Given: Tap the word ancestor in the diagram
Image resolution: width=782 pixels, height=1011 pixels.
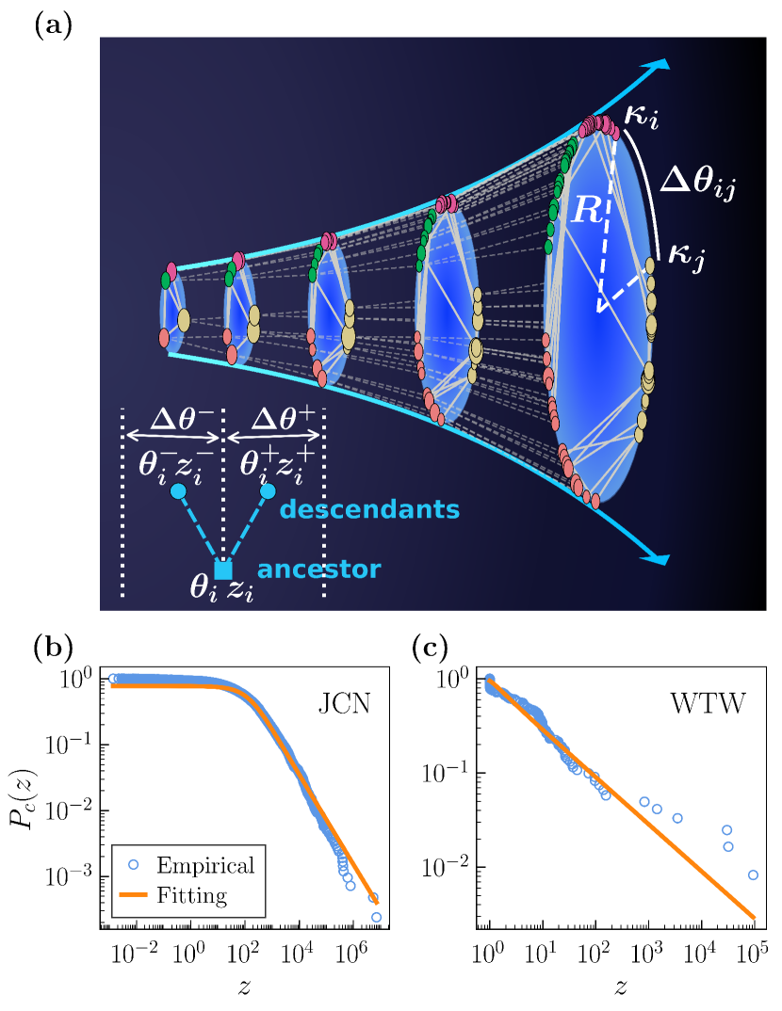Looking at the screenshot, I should tap(319, 570).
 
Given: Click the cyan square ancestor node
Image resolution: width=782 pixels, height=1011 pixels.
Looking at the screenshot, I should tap(222, 570).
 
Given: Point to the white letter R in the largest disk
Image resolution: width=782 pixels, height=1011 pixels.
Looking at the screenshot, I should tap(585, 212).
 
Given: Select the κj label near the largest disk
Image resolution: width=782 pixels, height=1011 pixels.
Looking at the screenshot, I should tap(687, 253).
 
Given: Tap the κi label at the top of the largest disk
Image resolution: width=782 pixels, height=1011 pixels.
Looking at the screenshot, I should tap(641, 120).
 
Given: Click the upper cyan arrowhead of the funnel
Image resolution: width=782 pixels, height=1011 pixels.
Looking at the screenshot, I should tap(660, 66).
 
